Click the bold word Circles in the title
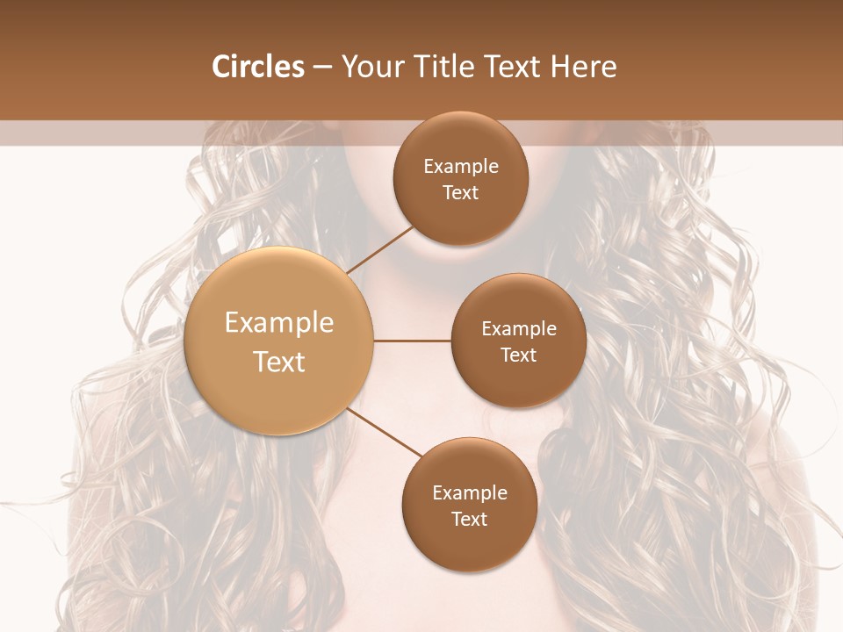[x=258, y=67]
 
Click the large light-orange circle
[x=279, y=341]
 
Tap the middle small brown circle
[x=519, y=341]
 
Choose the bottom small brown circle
[x=469, y=505]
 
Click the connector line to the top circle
[x=381, y=250]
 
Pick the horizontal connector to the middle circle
[x=413, y=341]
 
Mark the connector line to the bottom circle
[x=385, y=434]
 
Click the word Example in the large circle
[x=279, y=323]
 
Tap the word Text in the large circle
[x=279, y=362]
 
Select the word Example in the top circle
[x=461, y=167]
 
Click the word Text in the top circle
[x=461, y=193]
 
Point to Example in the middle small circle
[x=519, y=329]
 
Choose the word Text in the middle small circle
[x=519, y=355]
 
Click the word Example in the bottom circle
[x=470, y=493]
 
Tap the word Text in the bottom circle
[x=470, y=520]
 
